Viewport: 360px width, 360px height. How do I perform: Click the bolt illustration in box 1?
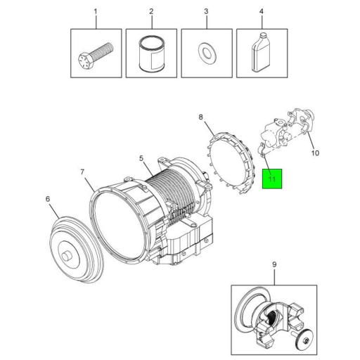point(95,53)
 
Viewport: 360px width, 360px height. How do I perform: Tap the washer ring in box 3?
point(207,53)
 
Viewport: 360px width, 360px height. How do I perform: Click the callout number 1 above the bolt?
point(96,12)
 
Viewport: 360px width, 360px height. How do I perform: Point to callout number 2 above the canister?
point(151,12)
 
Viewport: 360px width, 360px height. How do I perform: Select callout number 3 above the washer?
point(207,12)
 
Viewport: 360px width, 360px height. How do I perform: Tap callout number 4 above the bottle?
point(261,12)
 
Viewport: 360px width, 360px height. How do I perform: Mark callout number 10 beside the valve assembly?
point(315,152)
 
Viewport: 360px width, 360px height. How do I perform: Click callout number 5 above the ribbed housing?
point(141,160)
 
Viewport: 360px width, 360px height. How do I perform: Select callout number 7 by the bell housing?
point(82,172)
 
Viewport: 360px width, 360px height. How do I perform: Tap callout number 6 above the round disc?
point(49,199)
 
